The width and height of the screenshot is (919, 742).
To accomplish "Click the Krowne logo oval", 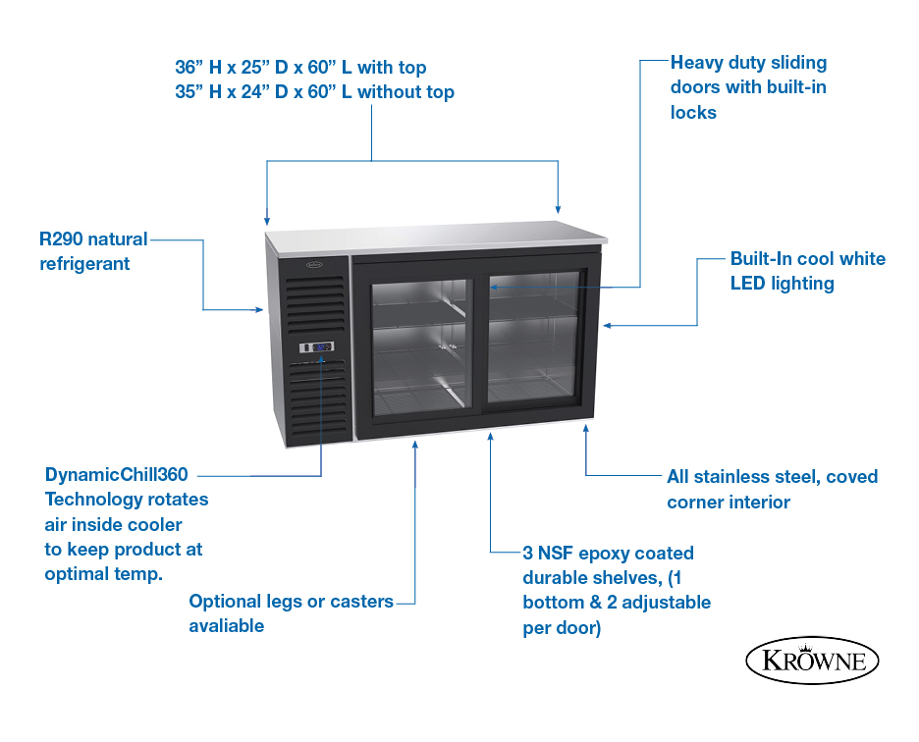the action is pos(812,661).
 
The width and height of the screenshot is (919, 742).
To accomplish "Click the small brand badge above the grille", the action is pos(314,264).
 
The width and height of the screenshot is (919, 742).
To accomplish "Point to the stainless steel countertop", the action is pos(437,237).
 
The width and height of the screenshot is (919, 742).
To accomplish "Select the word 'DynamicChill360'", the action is pos(117,474).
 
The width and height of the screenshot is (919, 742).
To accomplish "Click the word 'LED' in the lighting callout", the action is pos(747,284).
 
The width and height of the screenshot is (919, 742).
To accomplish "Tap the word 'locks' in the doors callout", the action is pos(693,113).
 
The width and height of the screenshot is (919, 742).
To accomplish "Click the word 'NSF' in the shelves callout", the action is pos(555,554).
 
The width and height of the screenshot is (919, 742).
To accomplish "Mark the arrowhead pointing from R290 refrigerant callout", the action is pos(259,309).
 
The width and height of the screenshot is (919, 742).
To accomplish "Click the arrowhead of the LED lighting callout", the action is pos(608,325).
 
